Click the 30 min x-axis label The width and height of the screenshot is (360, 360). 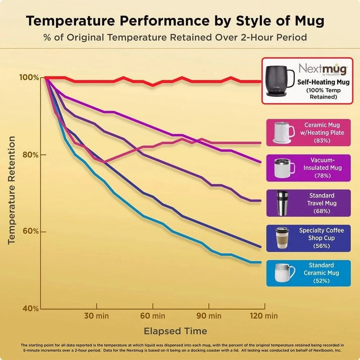(96, 316)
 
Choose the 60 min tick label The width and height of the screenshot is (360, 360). (153, 316)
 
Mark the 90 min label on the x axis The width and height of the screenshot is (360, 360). (209, 316)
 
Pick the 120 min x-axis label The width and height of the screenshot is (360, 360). (264, 316)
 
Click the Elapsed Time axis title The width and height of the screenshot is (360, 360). (175, 331)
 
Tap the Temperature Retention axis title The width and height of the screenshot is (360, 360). (12, 190)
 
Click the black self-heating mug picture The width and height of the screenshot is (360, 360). (280, 80)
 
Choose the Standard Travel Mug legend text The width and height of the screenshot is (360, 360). (321, 199)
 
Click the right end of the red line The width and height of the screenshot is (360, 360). (260, 81)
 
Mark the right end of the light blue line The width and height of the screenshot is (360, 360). (260, 262)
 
